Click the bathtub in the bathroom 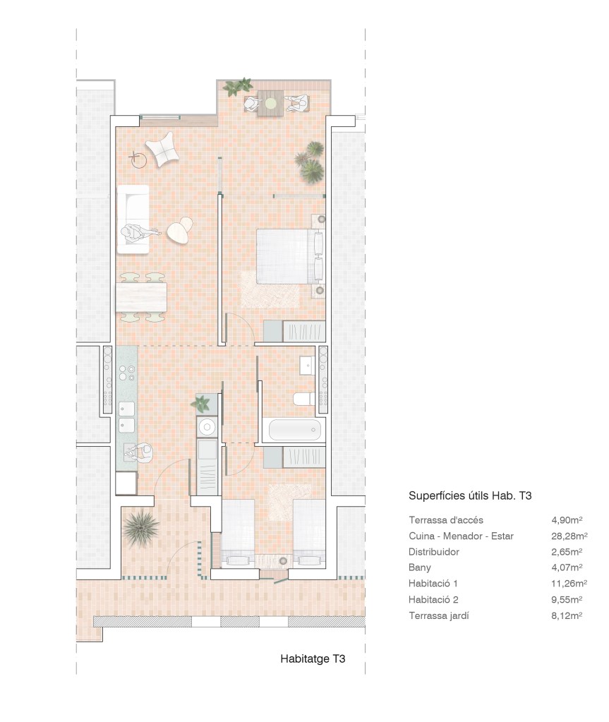point(294,430)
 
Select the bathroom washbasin point(307,365)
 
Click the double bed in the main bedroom point(290,256)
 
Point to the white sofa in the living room point(133,219)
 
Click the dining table point(141,297)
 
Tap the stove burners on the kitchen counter point(126,373)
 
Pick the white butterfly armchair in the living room point(162,149)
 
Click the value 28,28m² point(569,536)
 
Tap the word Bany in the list point(419,567)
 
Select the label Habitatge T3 point(313,659)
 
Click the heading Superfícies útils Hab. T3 point(470,496)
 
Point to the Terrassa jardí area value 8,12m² point(567,615)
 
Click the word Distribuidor point(433,552)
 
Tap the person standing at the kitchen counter point(140,454)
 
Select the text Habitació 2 point(433,599)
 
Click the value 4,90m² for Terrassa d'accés point(567,520)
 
